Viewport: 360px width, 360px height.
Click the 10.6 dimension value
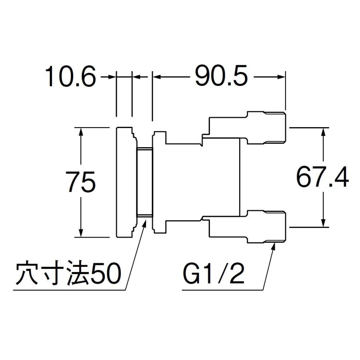coord(70,77)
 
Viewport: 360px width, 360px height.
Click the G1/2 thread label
coord(214,275)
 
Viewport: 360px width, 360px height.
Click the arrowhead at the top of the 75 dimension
coord(81,131)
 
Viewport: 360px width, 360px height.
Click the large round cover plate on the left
coord(124,182)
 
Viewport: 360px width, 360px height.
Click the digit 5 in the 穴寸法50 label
coord(97,275)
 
